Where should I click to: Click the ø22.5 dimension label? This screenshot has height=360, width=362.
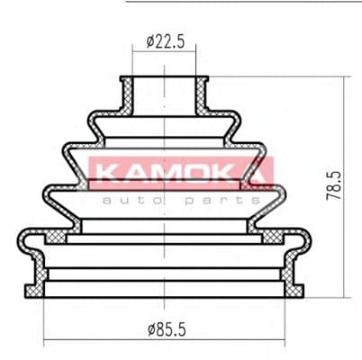click(x=165, y=41)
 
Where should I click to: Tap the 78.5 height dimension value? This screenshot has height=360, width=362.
click(x=334, y=190)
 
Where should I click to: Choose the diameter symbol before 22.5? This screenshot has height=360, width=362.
click(x=149, y=41)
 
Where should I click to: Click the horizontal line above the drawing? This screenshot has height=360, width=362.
click(x=243, y=2)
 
